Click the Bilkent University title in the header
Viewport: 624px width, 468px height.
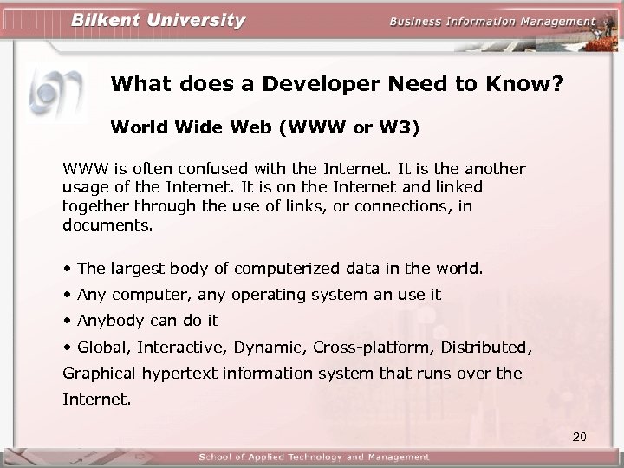click(x=159, y=20)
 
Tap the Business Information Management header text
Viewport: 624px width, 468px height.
click(x=492, y=22)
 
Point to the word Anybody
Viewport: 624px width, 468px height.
click(x=111, y=321)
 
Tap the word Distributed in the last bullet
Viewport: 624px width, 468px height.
click(x=485, y=347)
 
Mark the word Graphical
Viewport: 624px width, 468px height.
click(x=97, y=374)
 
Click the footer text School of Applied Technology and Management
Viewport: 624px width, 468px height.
click(x=314, y=457)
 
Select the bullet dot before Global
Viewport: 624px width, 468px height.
click(x=68, y=347)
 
